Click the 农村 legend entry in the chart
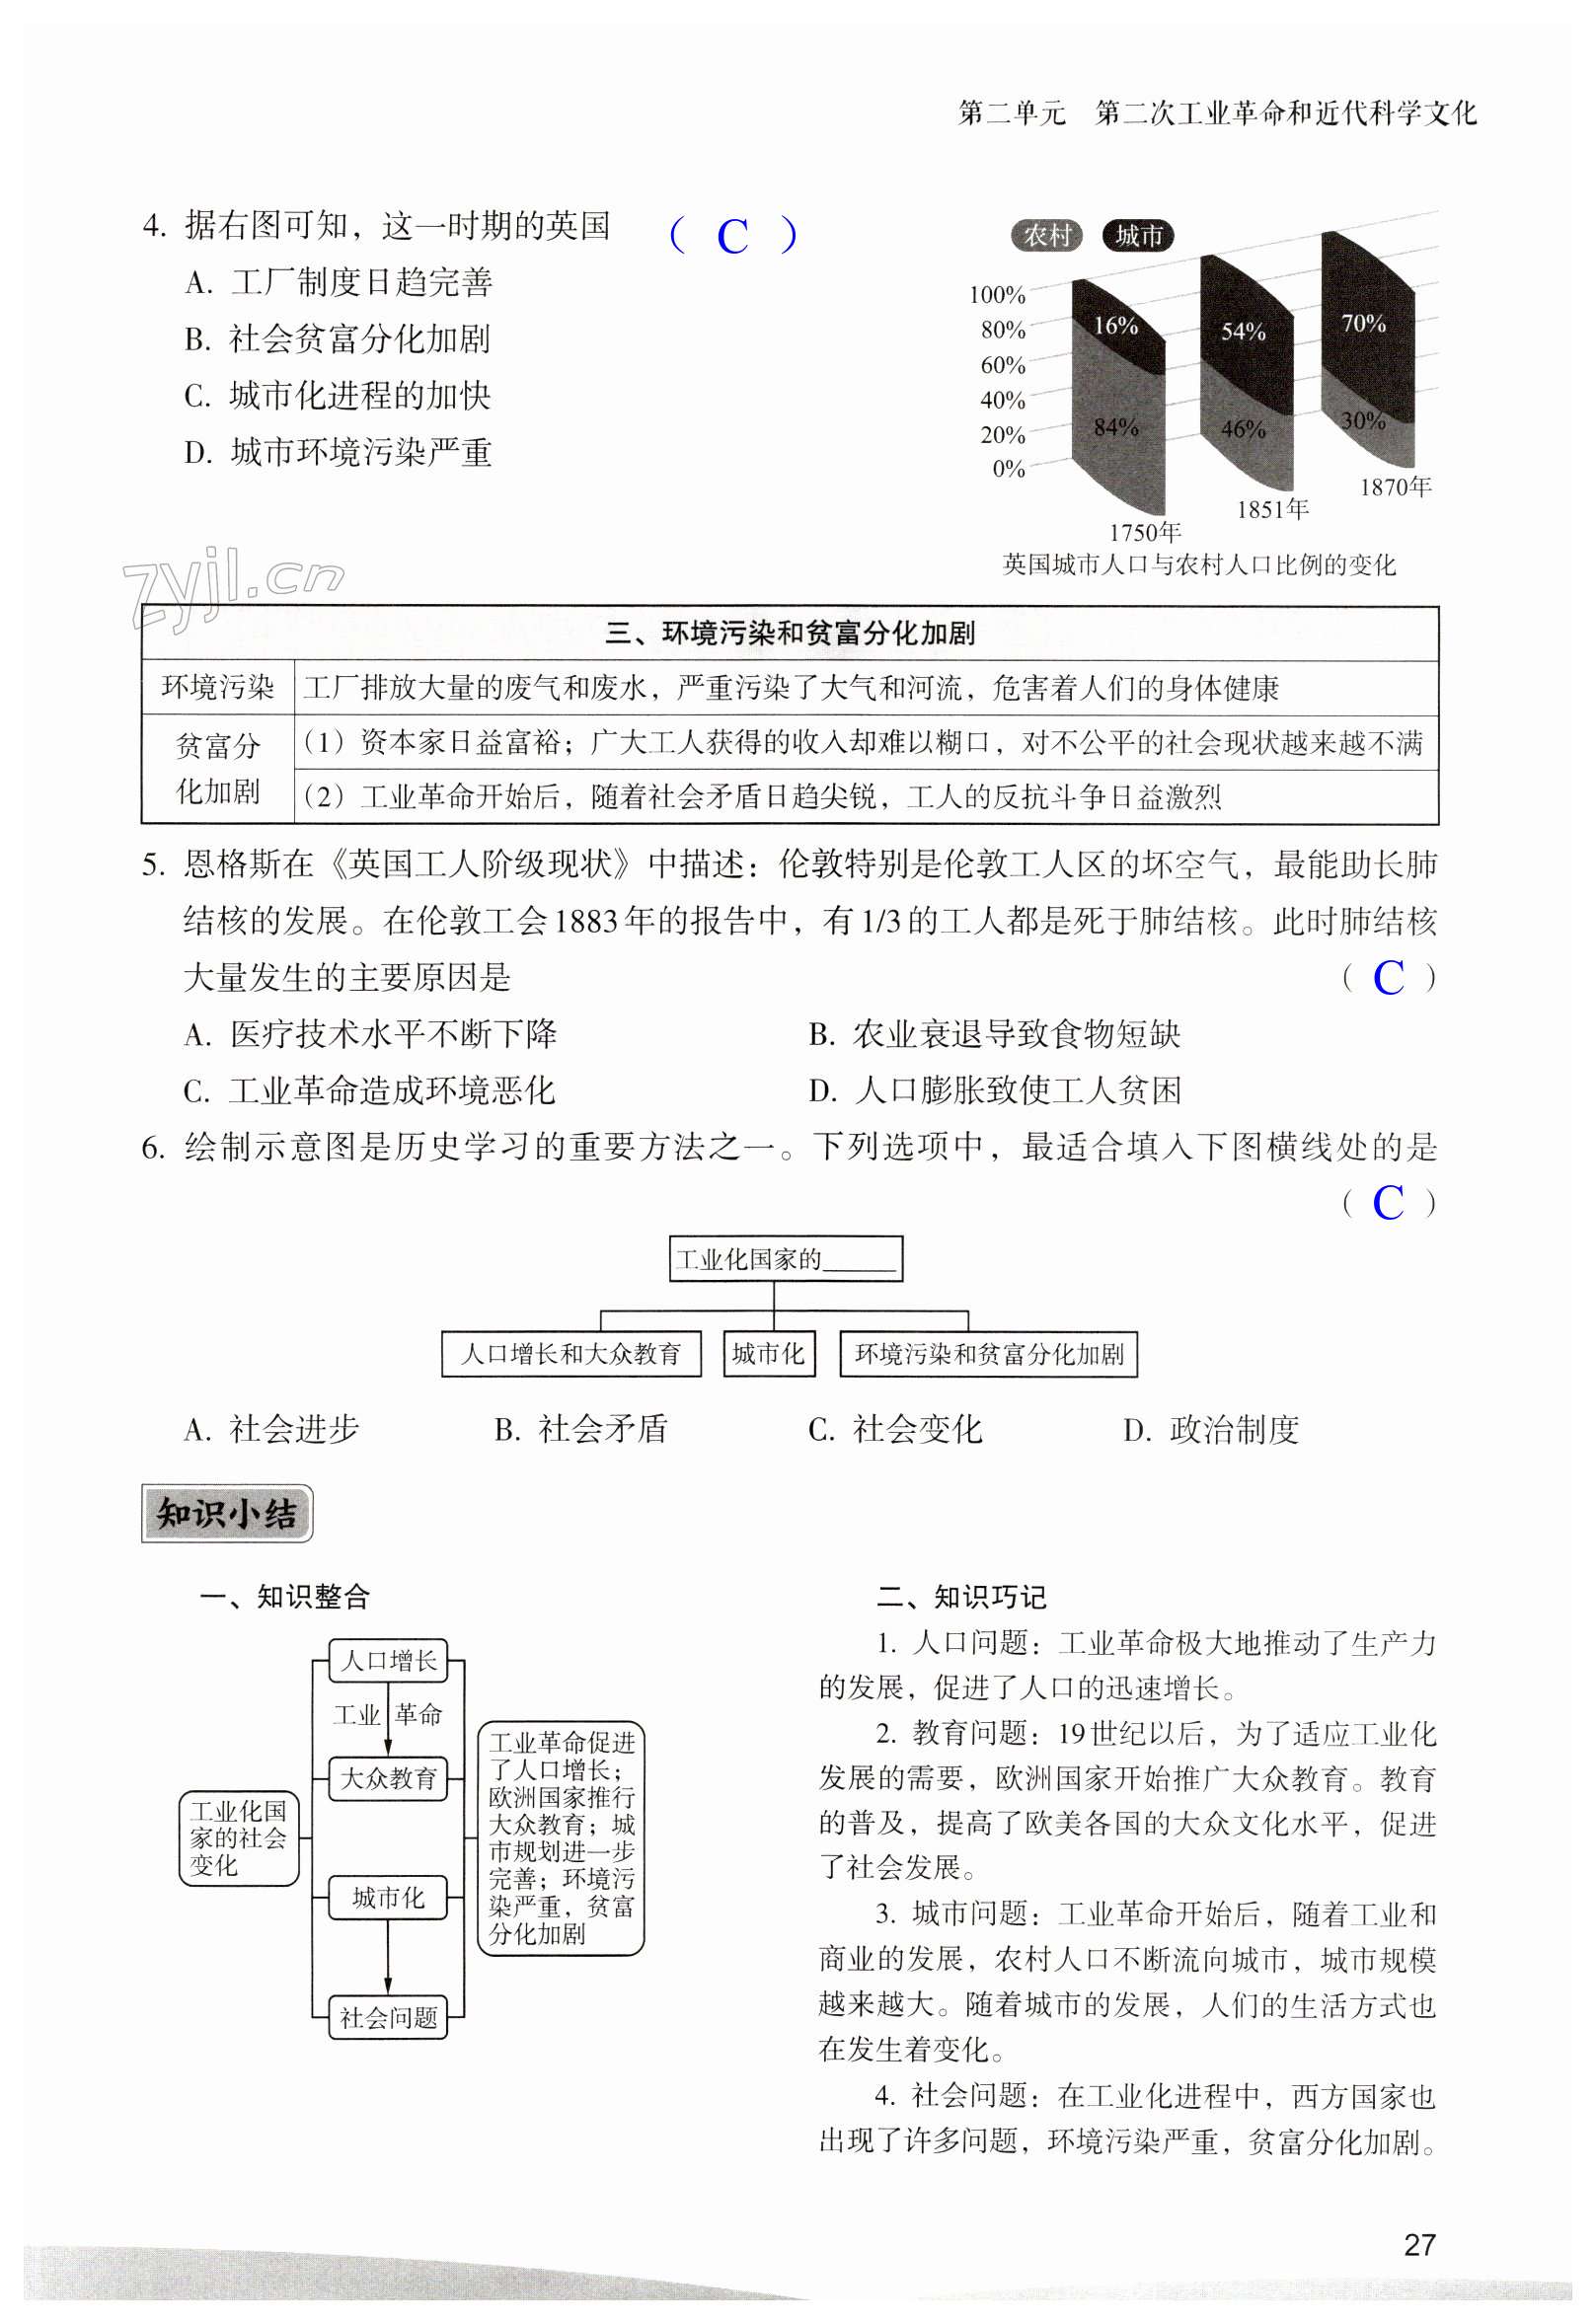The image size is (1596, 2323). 1047,236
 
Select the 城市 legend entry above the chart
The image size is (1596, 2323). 1138,236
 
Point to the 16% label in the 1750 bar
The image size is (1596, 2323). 1115,326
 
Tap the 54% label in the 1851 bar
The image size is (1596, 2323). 1243,332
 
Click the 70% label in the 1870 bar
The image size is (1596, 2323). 1363,323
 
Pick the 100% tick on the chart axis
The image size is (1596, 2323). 997,295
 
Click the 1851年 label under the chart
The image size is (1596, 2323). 1272,510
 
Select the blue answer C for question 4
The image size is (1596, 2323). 732,237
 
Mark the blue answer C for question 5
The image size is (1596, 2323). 1388,978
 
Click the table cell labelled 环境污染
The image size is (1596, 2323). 218,688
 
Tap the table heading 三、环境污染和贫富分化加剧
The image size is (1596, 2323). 790,634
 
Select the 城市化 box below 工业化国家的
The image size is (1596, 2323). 768,1353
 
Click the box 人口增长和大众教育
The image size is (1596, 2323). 571,1353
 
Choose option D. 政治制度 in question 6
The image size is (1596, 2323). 1211,1429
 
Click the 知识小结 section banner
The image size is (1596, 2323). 227,1514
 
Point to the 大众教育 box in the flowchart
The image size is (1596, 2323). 388,1778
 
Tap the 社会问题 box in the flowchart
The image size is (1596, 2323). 388,2018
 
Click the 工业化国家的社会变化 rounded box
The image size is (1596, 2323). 239,1838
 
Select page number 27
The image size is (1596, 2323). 1419,2244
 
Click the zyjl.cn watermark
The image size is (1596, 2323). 232,585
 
